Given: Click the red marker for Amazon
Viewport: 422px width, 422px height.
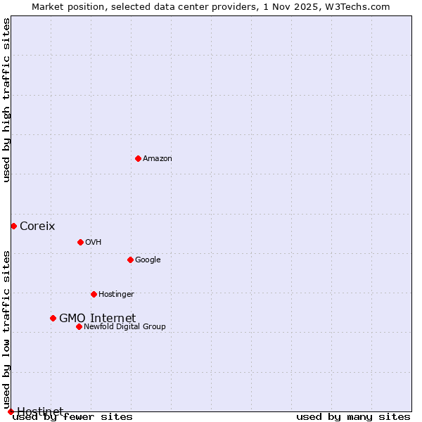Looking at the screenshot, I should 138,158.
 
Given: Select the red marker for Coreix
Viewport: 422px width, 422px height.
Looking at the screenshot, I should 13,226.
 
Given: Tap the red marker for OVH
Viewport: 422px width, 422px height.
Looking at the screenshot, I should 80,242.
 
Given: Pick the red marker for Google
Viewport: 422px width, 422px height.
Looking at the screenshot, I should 130,260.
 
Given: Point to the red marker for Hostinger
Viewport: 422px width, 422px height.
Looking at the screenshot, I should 94,294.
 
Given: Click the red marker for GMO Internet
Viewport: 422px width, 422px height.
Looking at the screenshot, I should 53,318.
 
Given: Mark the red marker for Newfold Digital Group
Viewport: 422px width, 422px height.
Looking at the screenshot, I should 79,326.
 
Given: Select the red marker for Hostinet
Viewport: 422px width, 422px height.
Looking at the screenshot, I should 11,411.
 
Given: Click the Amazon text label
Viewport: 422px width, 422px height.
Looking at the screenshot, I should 158,158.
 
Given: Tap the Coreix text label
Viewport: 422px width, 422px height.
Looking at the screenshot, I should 37,226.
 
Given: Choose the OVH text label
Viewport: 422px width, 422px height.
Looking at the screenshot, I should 94,242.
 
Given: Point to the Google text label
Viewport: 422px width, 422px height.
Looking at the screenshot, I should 148,260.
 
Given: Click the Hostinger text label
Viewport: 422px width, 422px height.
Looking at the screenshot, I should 116,294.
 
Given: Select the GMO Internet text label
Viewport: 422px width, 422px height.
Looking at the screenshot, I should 97,318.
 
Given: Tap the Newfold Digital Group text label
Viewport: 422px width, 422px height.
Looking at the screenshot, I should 124,326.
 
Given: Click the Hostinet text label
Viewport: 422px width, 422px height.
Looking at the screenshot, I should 40,411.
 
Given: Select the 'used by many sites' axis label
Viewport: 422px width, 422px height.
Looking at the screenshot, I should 353,416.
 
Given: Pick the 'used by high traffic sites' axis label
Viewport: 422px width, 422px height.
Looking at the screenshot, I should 6,100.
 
